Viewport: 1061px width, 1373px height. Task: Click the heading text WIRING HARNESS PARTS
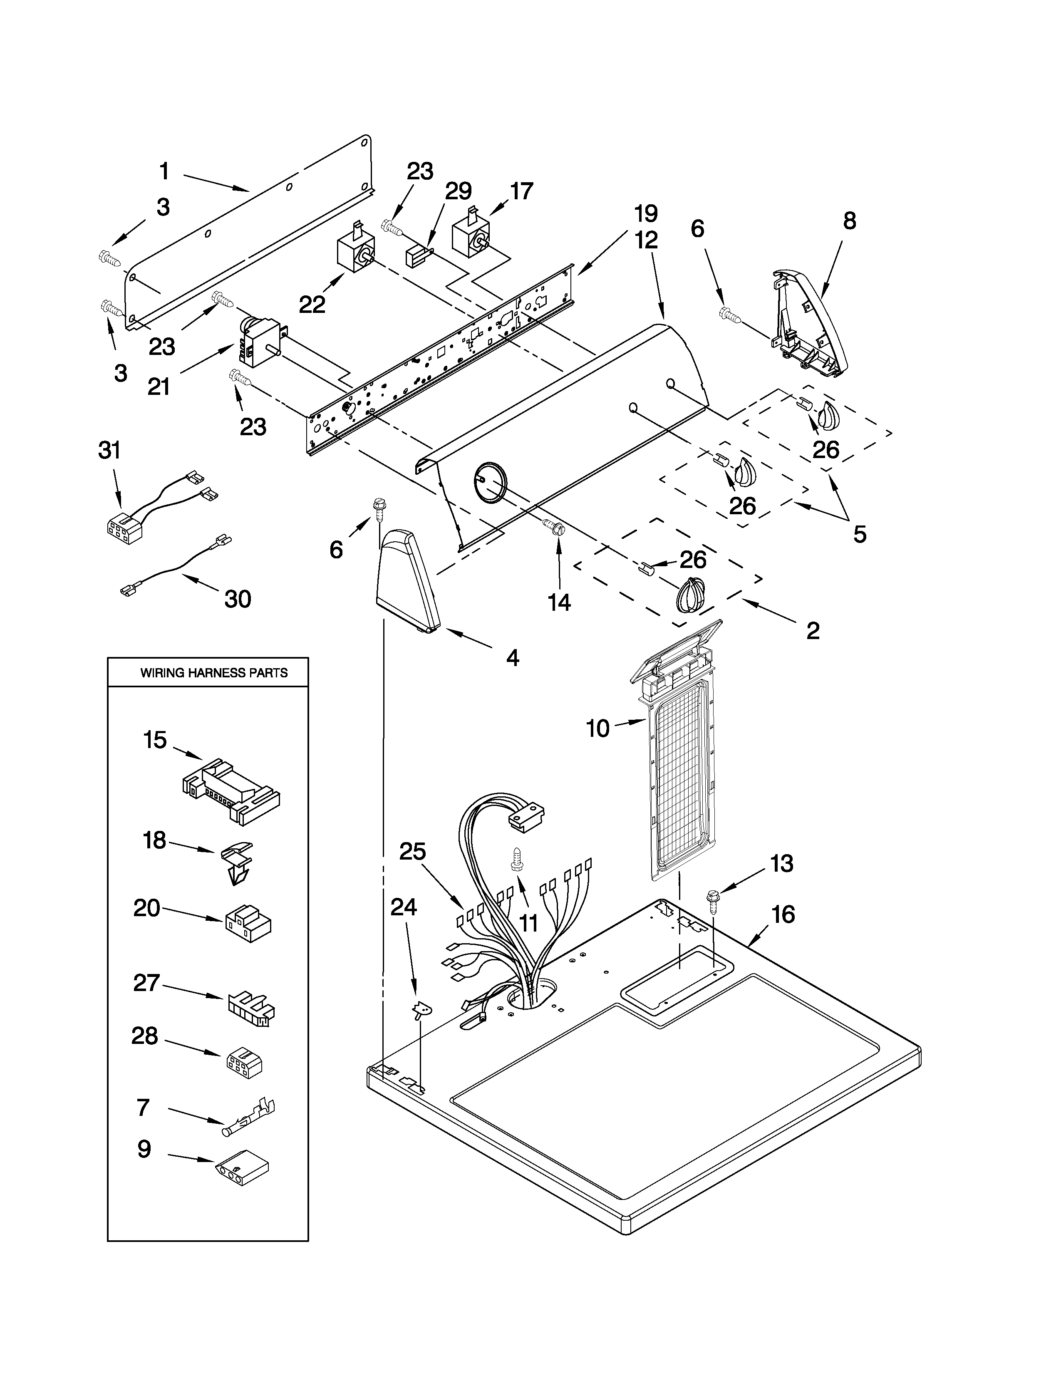click(214, 673)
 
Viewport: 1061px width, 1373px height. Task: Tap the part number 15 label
click(155, 740)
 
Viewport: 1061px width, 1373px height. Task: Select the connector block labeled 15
click(232, 793)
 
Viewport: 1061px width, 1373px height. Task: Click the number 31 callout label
click(109, 451)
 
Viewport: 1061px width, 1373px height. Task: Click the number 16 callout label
click(783, 914)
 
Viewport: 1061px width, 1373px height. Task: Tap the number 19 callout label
click(645, 214)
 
